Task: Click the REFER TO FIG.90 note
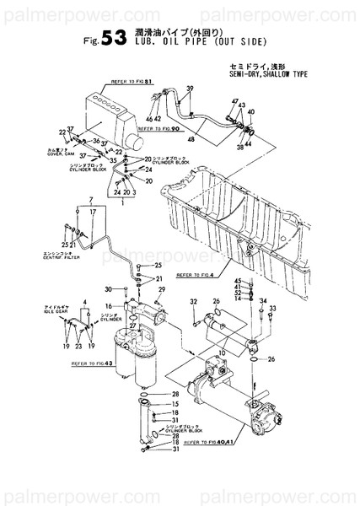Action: click(x=167, y=128)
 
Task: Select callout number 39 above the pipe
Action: click(x=190, y=89)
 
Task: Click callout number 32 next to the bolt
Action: click(x=193, y=301)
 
